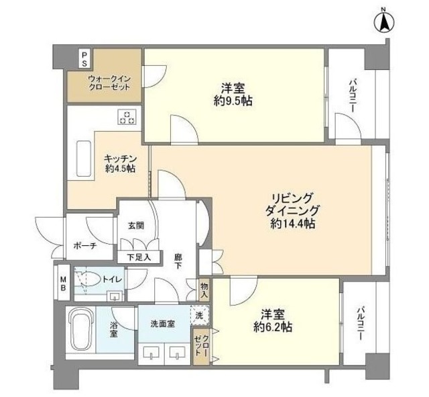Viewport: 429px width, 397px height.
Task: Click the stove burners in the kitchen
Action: (x=127, y=117)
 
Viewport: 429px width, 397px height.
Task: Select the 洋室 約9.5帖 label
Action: (x=234, y=95)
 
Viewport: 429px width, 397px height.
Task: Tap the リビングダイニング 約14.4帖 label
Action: (x=292, y=210)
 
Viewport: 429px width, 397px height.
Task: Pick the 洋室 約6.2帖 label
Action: (x=275, y=320)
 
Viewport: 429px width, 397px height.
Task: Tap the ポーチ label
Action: (x=84, y=247)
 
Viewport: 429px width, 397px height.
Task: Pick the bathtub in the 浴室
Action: (x=82, y=327)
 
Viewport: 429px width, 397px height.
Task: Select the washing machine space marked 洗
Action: (x=199, y=314)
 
